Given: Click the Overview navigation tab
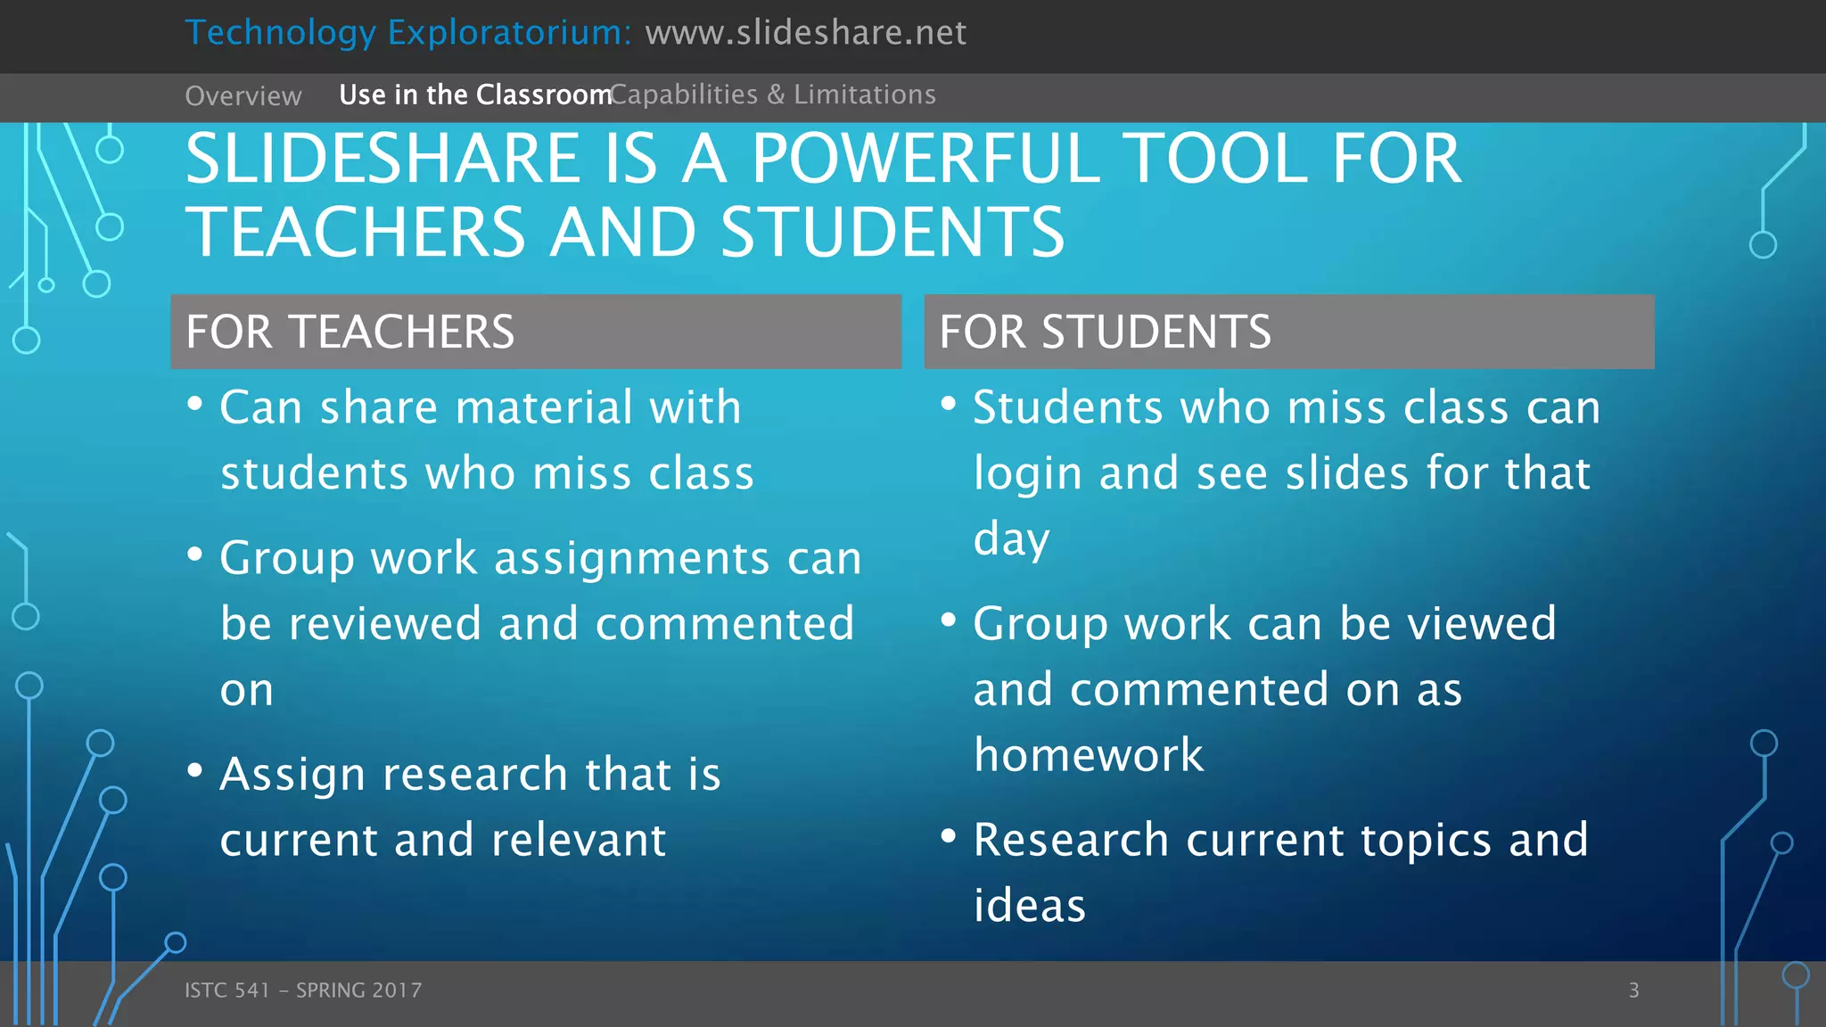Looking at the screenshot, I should coord(243,96).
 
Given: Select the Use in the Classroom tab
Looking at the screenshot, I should coord(474,94).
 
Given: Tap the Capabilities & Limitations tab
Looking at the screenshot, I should coord(773,94).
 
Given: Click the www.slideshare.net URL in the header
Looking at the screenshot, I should coord(805,33).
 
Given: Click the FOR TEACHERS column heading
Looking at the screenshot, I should coord(350,332).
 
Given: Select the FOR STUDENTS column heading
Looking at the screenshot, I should coord(1105,332).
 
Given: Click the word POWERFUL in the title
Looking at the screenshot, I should coord(925,159).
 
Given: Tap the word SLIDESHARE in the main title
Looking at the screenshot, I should coord(383,159).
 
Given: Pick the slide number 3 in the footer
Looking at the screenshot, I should coord(1633,990).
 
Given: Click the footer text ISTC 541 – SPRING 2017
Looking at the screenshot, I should coord(303,990).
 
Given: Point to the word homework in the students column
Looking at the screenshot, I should coord(1089,755).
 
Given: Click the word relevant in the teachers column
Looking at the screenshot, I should coord(578,840).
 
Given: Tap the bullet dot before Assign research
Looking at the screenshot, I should coord(195,770).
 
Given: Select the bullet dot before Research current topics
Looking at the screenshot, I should coord(949,836).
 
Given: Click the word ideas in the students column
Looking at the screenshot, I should coord(1030,906).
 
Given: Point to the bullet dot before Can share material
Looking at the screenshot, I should coord(195,404).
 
